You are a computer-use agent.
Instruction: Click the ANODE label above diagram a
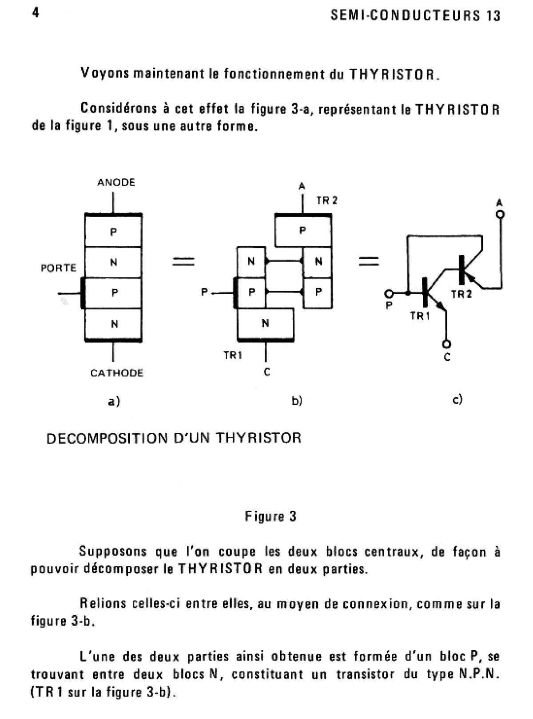click(116, 182)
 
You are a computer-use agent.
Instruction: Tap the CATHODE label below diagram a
click(117, 373)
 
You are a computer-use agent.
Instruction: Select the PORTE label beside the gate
click(59, 268)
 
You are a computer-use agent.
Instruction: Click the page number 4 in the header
click(36, 12)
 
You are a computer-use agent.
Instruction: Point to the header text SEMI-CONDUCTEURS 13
click(416, 16)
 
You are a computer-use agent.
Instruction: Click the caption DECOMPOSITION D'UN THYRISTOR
click(174, 438)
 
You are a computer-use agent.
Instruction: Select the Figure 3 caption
click(270, 517)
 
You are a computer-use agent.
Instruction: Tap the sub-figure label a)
click(114, 401)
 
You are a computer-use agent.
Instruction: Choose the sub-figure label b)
click(297, 401)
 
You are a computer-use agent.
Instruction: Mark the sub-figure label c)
click(457, 399)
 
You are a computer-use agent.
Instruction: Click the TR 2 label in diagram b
click(327, 201)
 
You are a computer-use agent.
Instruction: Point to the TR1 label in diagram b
click(233, 356)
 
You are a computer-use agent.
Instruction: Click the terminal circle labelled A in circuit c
click(500, 215)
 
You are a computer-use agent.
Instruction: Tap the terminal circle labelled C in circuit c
click(447, 344)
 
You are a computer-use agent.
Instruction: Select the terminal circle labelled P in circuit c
click(389, 294)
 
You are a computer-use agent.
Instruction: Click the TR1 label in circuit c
click(420, 316)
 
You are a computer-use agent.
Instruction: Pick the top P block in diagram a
click(113, 231)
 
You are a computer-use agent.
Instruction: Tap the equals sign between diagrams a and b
click(183, 261)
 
